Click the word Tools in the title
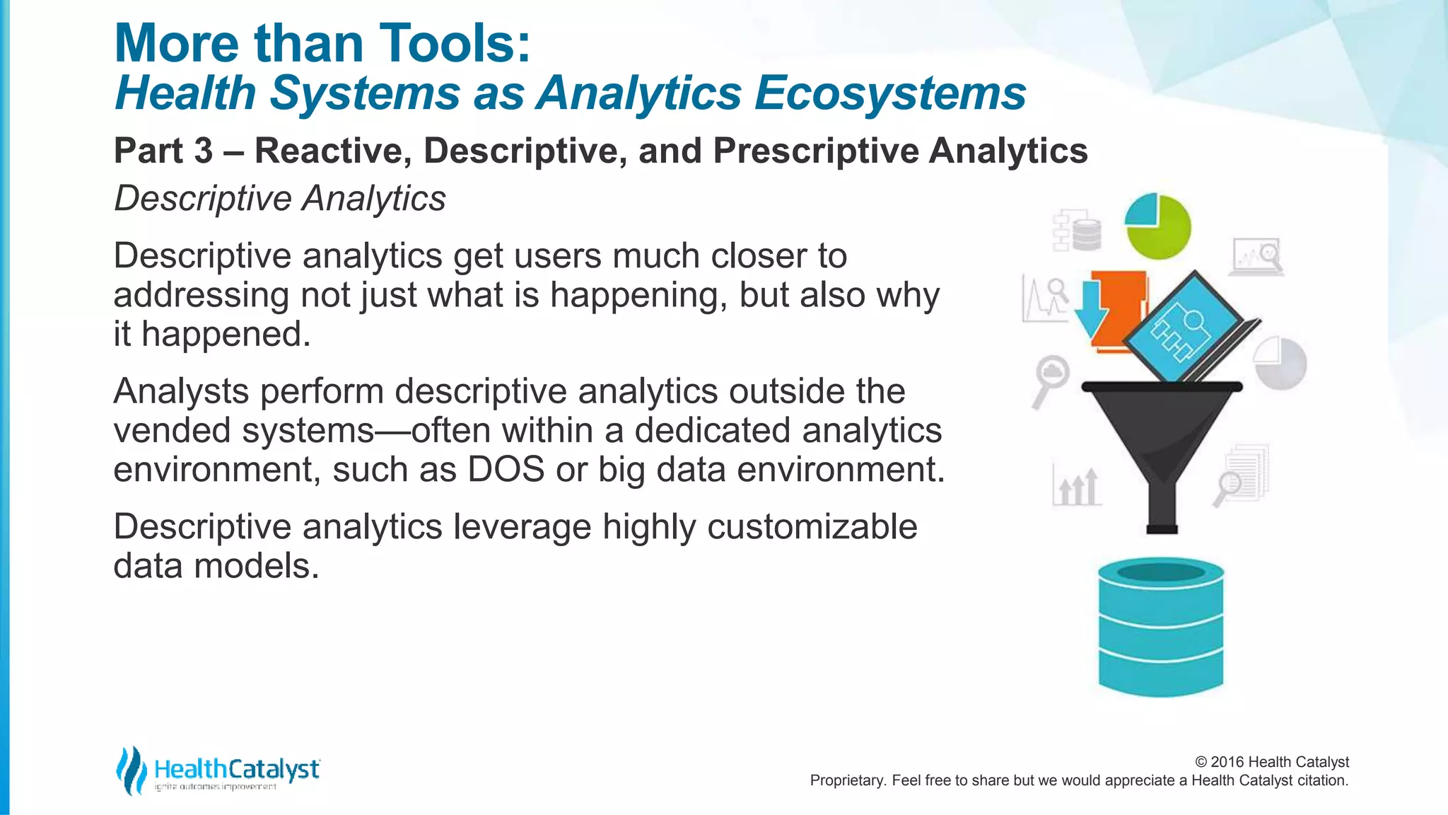446,44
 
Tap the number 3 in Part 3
203,151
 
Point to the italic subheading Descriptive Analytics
280,198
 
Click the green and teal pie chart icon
1158,226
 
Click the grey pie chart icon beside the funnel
1280,363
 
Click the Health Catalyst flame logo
131,770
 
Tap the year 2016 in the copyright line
1227,762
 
